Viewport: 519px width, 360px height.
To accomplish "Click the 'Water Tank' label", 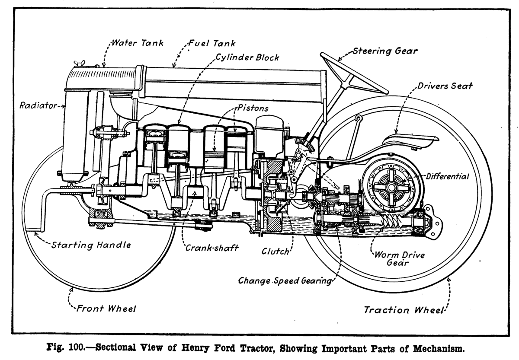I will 138,43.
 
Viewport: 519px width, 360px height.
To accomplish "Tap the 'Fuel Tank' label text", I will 211,44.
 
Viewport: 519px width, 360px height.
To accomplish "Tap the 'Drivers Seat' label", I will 445,86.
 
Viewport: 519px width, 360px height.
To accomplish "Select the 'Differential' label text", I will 447,176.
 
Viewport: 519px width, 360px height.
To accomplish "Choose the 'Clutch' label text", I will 275,251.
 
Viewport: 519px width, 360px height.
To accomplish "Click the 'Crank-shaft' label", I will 212,248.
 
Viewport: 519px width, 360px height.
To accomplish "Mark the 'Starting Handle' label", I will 91,245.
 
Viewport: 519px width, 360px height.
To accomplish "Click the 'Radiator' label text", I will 38,105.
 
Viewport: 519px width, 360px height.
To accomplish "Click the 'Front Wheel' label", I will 106,309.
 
